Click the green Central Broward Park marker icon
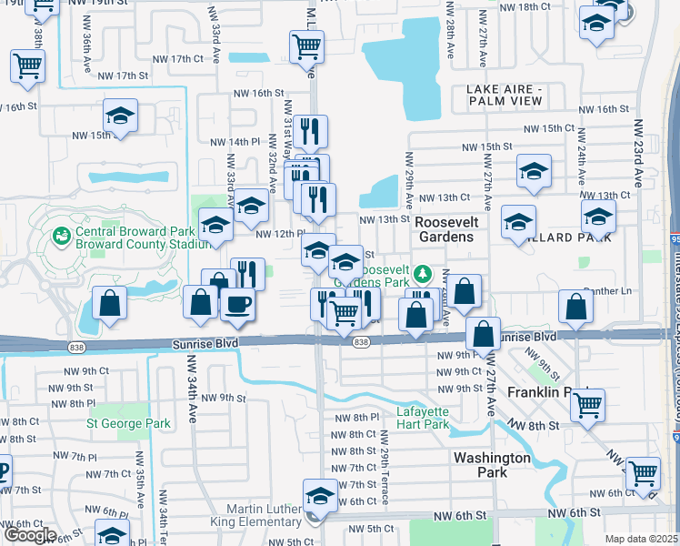click(62, 236)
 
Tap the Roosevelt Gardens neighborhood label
click(445, 228)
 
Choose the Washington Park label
click(492, 465)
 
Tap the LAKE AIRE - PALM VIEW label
click(515, 94)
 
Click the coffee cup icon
click(238, 305)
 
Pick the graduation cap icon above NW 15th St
click(120, 116)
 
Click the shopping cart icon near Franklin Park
click(588, 403)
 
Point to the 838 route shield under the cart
click(361, 341)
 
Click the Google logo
click(30, 535)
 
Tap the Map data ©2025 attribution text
click(642, 539)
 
